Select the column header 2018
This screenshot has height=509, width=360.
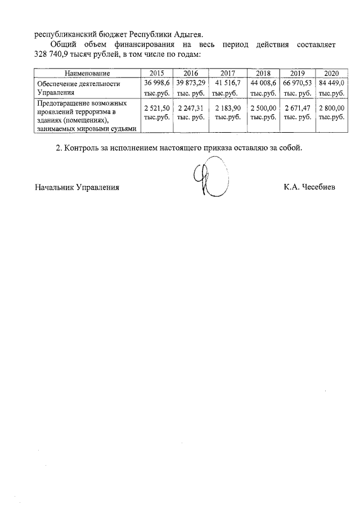point(263,74)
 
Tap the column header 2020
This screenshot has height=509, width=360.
point(331,74)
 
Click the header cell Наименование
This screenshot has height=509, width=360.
point(87,74)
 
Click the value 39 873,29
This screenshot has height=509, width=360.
point(190,83)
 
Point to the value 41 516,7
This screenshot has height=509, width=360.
point(228,83)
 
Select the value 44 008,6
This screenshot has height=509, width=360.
point(263,83)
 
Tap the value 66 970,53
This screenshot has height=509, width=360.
point(298,83)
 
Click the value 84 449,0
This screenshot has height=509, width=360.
point(331,83)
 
